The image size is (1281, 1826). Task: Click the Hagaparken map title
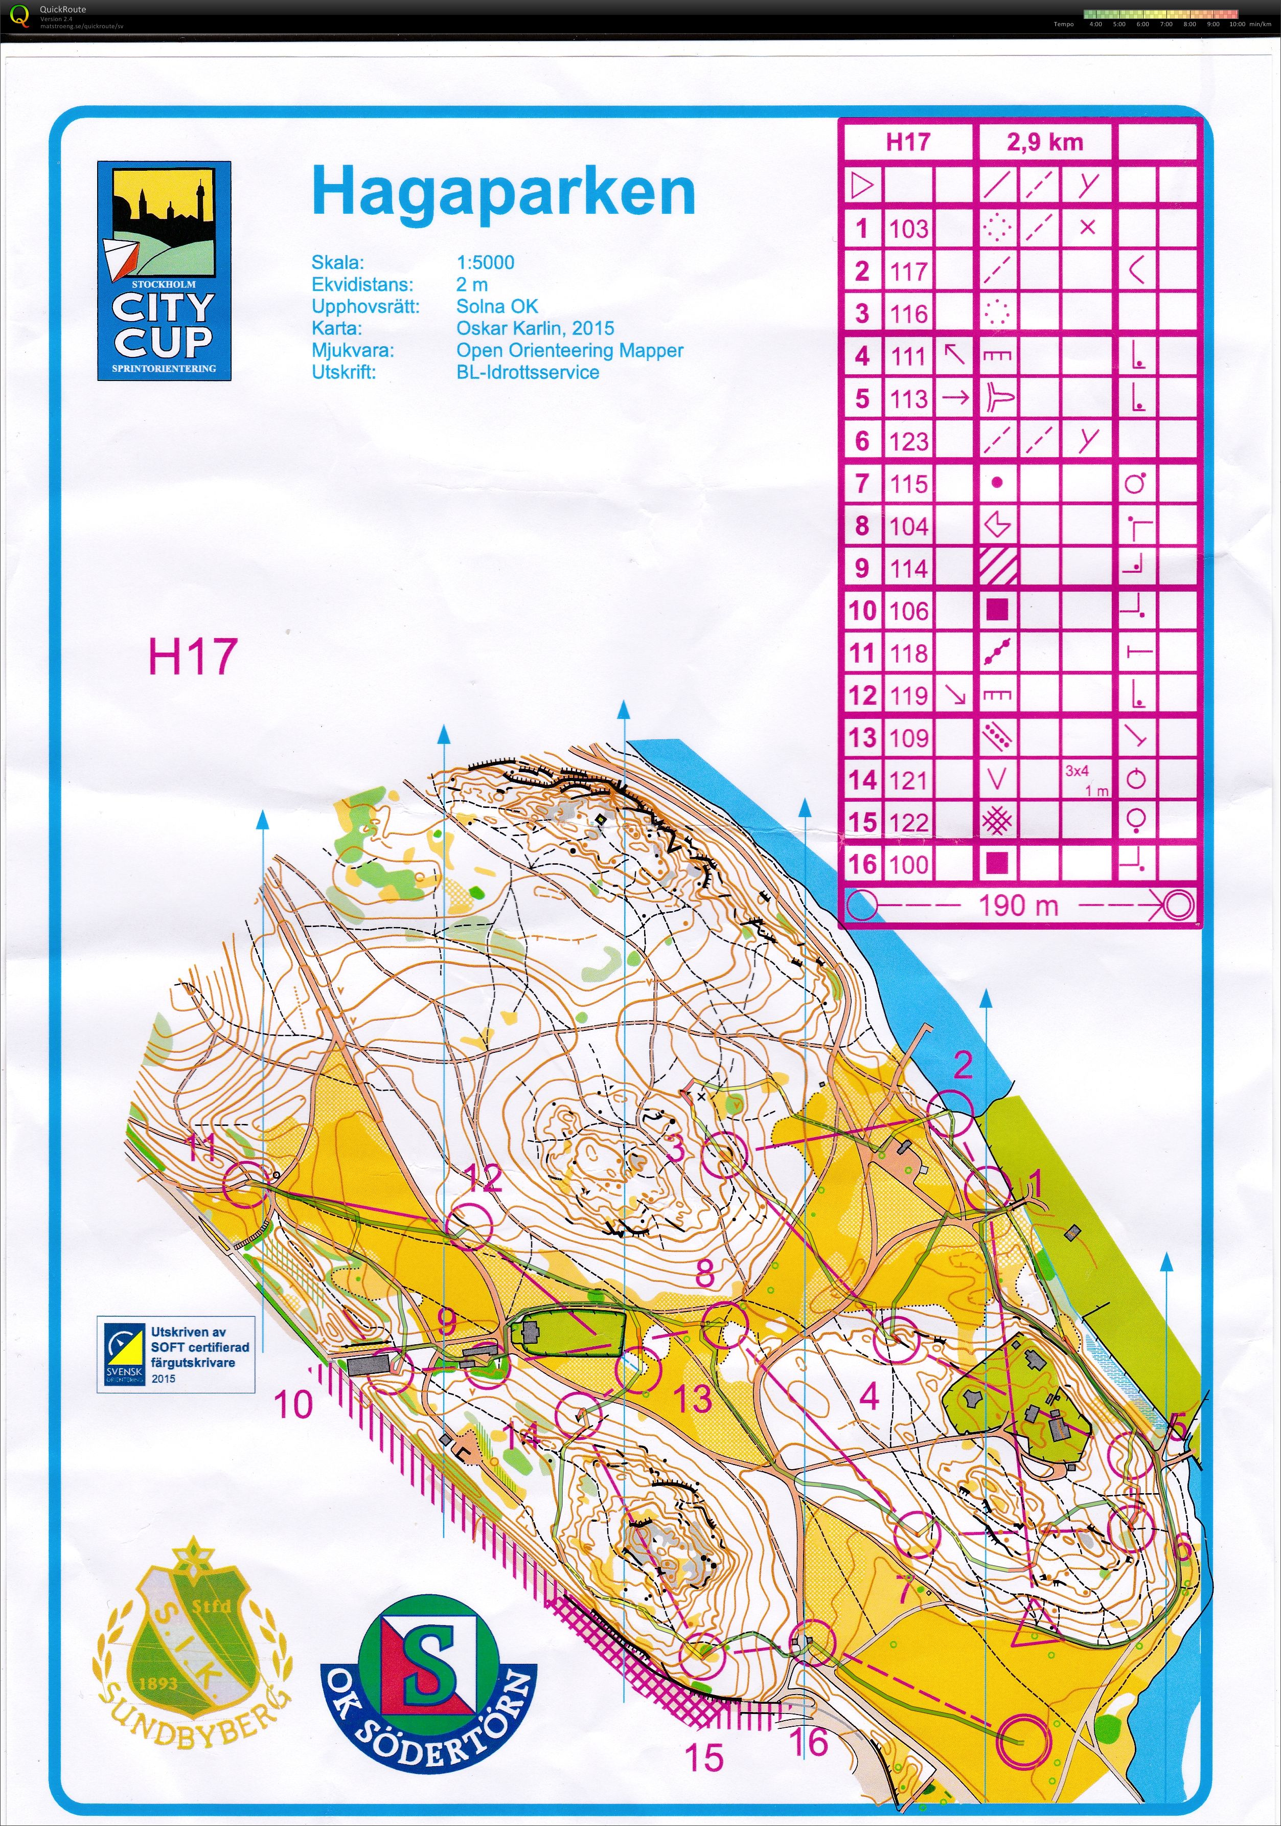pyautogui.click(x=504, y=192)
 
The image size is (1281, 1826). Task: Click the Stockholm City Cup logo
pyautogui.click(x=165, y=271)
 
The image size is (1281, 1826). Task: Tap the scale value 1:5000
pyautogui.click(x=485, y=262)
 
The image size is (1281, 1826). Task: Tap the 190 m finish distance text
pyautogui.click(x=1019, y=905)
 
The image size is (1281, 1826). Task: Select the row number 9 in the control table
pyautogui.click(x=862, y=569)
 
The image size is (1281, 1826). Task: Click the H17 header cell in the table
pyautogui.click(x=908, y=142)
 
